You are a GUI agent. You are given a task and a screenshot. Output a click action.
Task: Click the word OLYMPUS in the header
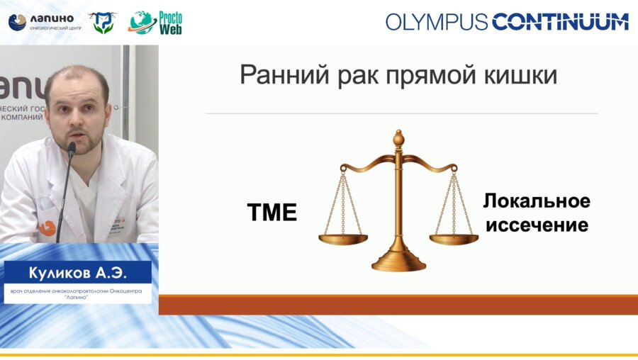point(437,22)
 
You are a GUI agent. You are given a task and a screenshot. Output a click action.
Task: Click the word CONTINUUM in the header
point(560,22)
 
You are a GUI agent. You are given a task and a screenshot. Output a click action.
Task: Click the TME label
point(272,212)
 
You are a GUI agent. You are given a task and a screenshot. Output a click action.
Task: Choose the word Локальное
point(537,201)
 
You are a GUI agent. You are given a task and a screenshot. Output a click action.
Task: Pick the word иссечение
point(537,225)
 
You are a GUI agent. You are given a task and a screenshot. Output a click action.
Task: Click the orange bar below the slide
point(398,305)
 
